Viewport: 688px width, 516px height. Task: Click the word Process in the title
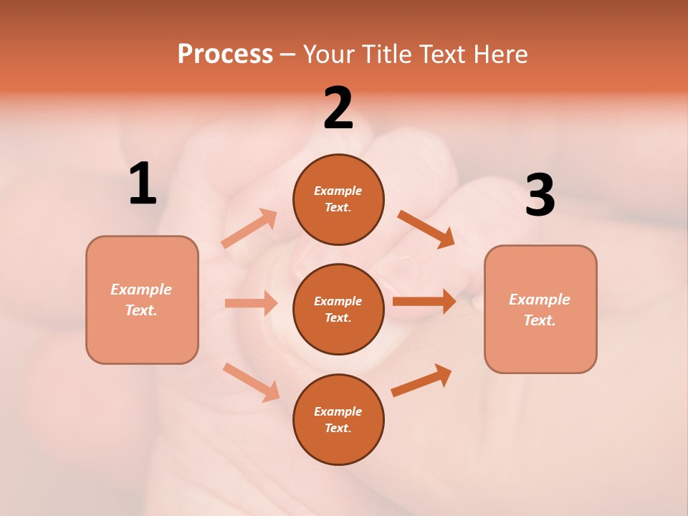point(225,54)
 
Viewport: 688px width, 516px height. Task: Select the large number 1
point(143,184)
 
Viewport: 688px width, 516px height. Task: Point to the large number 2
point(338,108)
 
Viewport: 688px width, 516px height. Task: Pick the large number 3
point(540,195)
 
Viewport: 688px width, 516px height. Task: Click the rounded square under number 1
point(142,300)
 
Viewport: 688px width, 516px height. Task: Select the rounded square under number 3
point(540,310)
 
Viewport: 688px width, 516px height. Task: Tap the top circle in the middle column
point(338,199)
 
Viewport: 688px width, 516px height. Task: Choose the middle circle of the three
point(338,309)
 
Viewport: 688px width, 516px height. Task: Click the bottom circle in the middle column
point(338,419)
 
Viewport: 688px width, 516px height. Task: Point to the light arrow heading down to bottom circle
point(252,381)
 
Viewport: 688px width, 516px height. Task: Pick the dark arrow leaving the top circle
point(426,229)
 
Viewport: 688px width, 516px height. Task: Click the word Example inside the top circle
point(338,191)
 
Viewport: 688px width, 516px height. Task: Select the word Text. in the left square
point(141,310)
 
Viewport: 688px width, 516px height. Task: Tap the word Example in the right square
point(540,300)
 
